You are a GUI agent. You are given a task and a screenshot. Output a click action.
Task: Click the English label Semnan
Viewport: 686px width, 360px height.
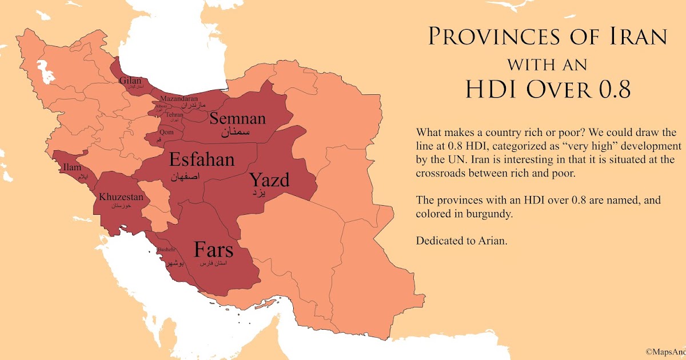click(x=237, y=119)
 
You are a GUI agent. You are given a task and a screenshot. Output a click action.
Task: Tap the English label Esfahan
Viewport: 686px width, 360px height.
click(x=202, y=159)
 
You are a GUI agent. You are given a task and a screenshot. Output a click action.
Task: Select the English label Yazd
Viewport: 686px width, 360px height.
click(x=269, y=181)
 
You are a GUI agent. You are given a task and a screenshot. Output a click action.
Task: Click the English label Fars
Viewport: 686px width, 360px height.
click(x=214, y=250)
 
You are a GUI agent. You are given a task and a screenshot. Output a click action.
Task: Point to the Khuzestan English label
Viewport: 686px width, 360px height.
click(x=121, y=197)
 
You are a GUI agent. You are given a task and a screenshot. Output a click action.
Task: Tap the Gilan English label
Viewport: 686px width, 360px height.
click(x=130, y=81)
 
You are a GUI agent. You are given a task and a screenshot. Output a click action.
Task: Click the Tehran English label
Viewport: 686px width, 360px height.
click(x=174, y=115)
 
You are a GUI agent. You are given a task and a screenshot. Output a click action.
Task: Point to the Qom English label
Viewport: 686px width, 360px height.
click(x=166, y=132)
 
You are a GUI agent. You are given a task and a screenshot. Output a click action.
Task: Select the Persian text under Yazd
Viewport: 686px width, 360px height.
click(x=260, y=194)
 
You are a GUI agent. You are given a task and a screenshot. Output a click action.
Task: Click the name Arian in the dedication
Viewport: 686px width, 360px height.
click(x=494, y=241)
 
